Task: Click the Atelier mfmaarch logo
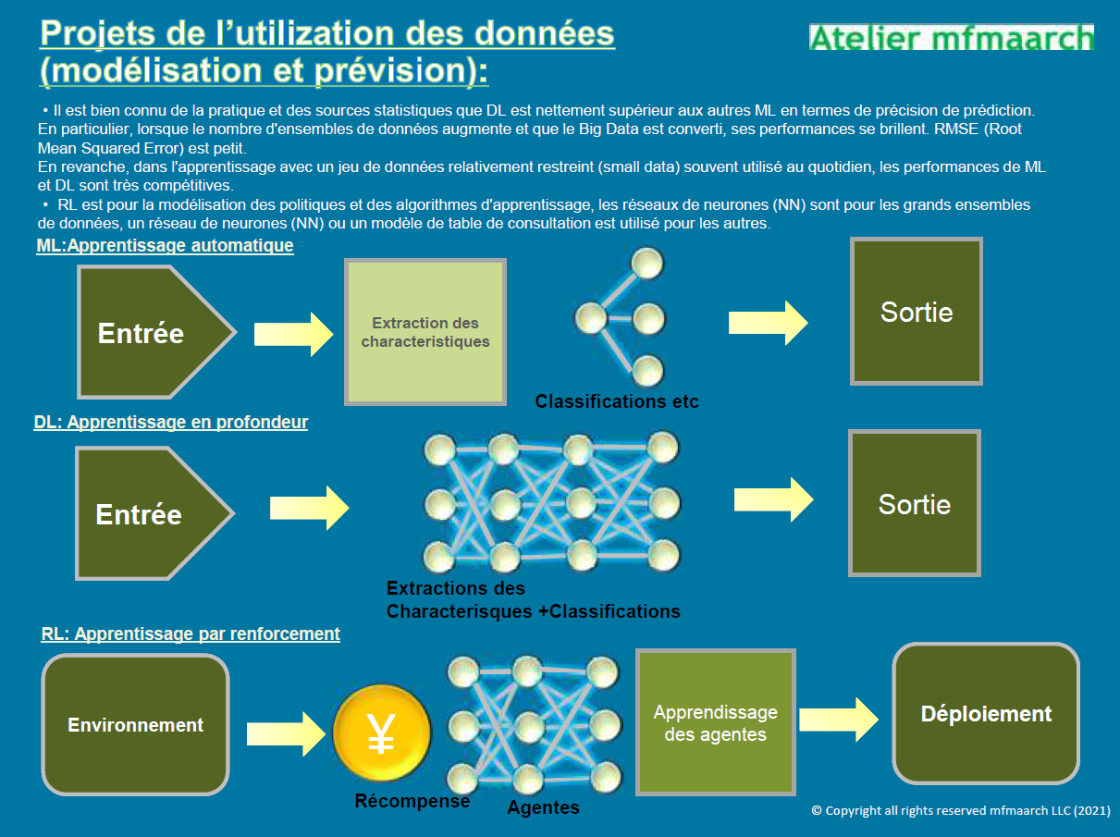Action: coord(951,37)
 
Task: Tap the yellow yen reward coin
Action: coord(382,732)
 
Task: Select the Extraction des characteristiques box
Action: coord(425,332)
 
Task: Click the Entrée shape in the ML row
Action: coord(156,332)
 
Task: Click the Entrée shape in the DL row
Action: coord(154,513)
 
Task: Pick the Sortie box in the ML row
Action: coord(917,311)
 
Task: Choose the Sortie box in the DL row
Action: coord(915,503)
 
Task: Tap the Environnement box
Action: coord(135,725)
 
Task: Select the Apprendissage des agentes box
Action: coord(715,722)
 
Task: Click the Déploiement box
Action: coord(986,714)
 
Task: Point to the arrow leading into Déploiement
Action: coord(839,720)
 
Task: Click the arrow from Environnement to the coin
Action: coord(286,734)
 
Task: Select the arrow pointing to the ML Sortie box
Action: coord(768,323)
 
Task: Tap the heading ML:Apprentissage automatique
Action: coord(165,245)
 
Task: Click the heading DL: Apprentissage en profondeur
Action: coord(171,423)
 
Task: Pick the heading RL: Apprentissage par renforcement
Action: coord(191,634)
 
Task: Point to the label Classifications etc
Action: coord(616,401)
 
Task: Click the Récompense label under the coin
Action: coord(412,801)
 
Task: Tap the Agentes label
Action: coord(544,807)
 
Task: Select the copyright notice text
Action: coord(961,810)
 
